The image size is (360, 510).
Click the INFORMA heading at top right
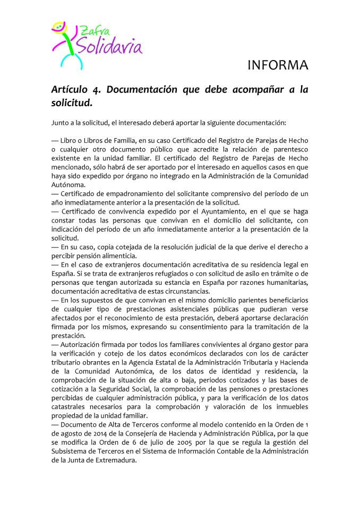278,65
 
